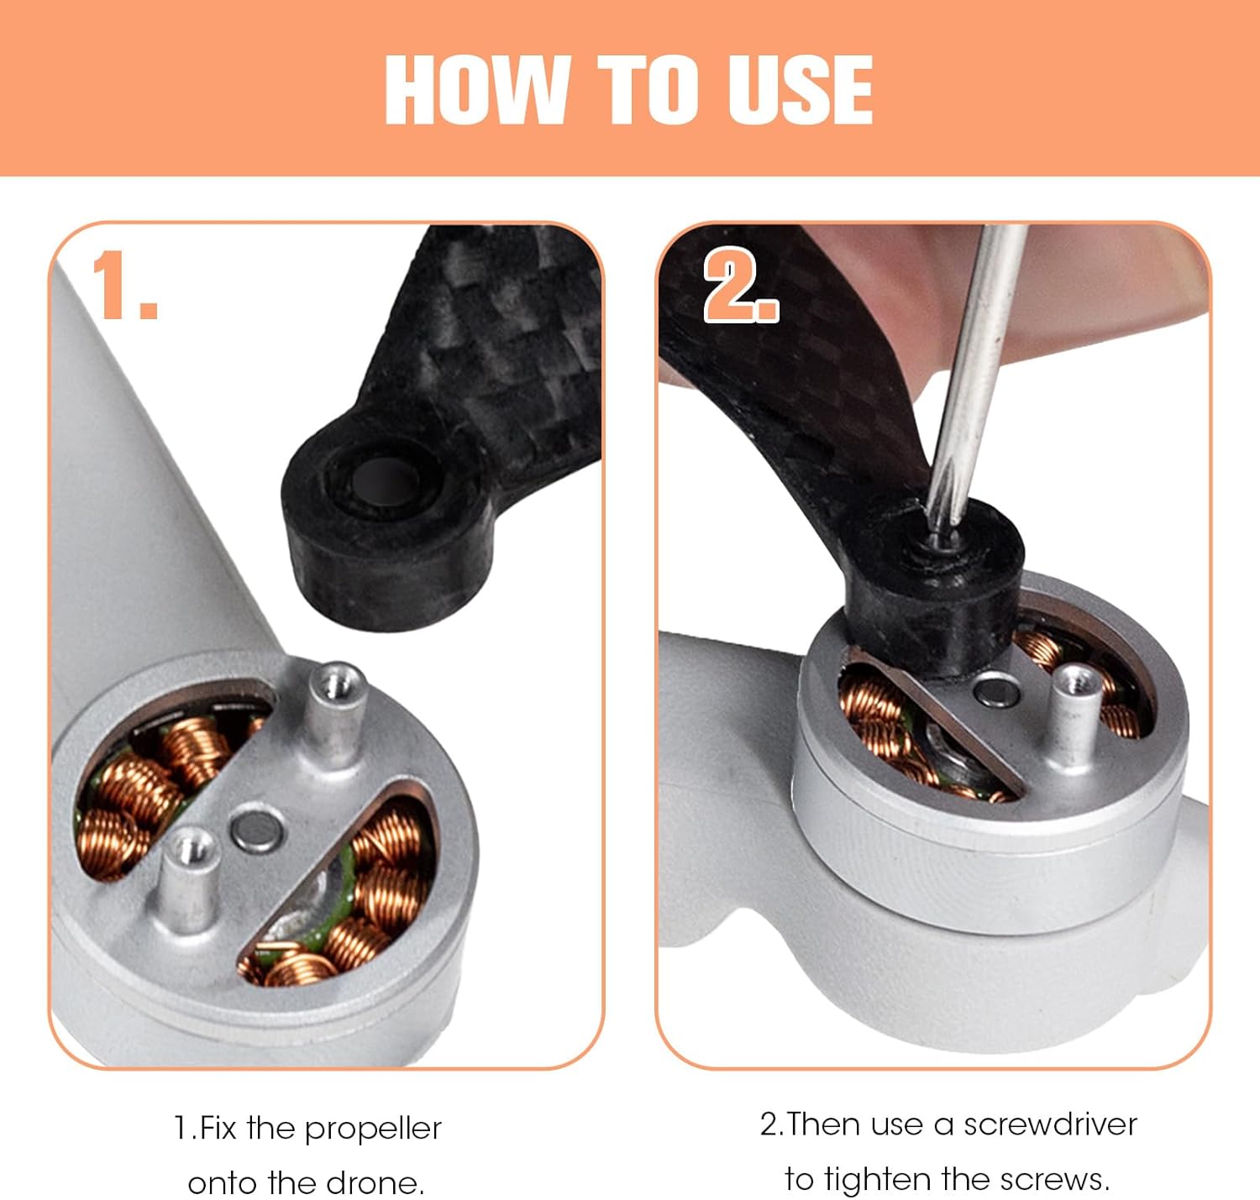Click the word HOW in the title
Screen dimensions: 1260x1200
point(477,90)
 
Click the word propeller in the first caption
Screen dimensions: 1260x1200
point(373,1129)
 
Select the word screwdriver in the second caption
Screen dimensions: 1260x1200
point(1050,1124)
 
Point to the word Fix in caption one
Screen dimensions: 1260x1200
point(218,1128)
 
